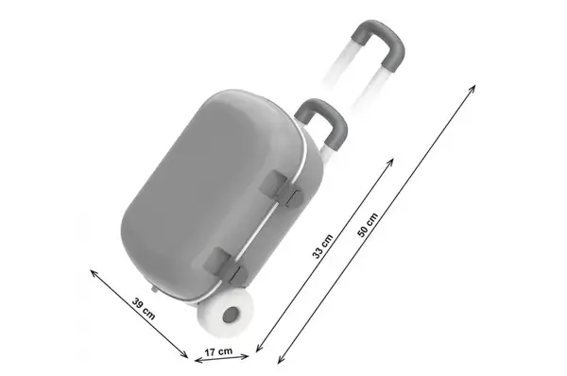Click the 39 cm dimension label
click(144, 309)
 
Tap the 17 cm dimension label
click(218, 351)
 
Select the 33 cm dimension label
click(322, 247)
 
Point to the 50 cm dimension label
click(368, 225)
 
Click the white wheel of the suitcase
click(225, 314)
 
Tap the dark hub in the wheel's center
click(231, 315)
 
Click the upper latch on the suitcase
click(281, 189)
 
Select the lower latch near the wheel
click(223, 265)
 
